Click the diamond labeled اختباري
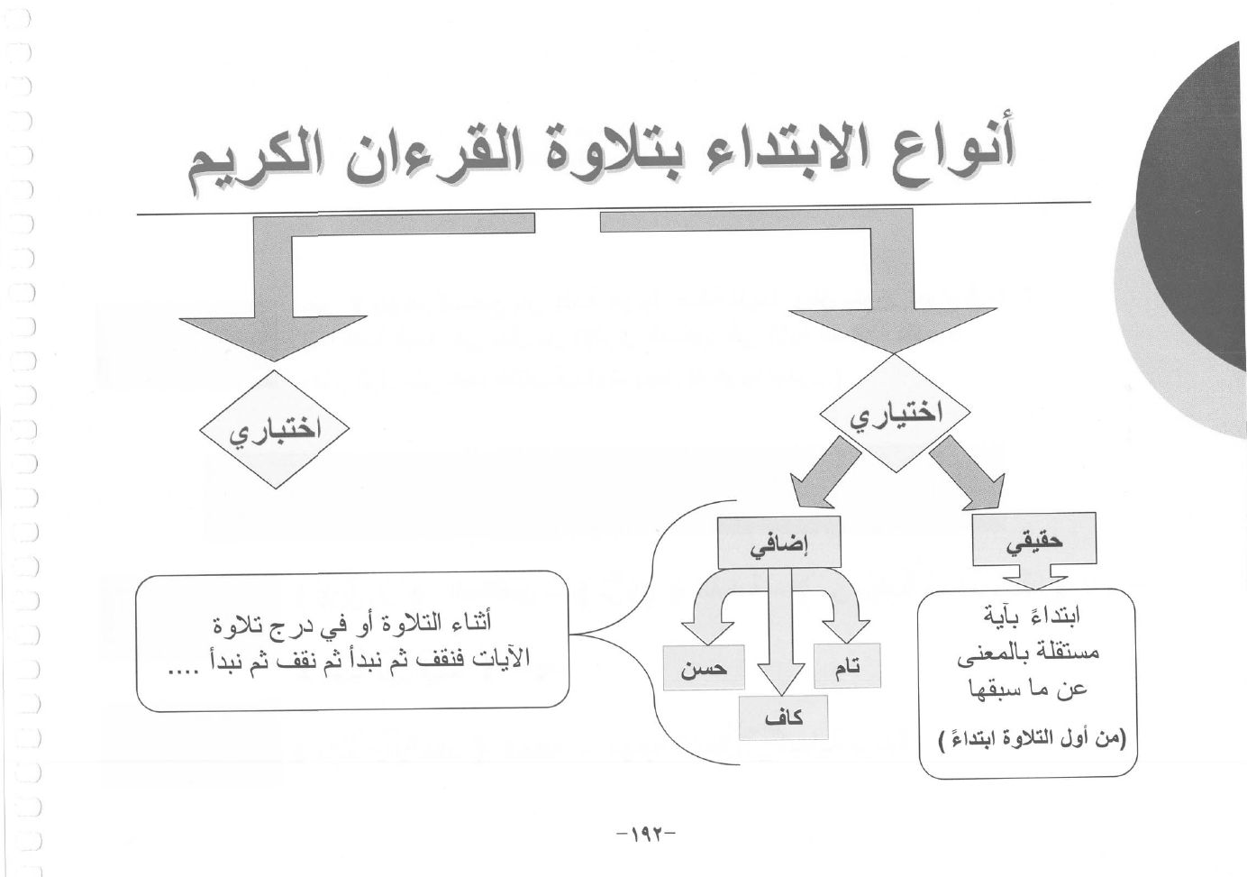tap(275, 429)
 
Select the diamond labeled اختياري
tap(895, 413)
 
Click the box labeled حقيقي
tap(1034, 538)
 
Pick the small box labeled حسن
tap(704, 667)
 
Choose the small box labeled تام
tap(847, 665)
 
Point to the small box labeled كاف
tap(783, 717)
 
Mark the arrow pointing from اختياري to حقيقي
tap(967, 473)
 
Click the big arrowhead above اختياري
tap(894, 332)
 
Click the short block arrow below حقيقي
tap(1034, 577)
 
